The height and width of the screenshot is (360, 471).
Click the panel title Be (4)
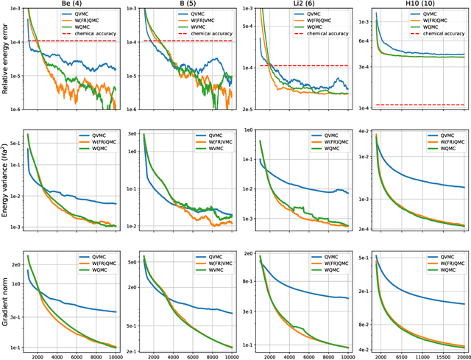(x=72, y=4)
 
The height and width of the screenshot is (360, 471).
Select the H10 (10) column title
(x=418, y=4)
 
